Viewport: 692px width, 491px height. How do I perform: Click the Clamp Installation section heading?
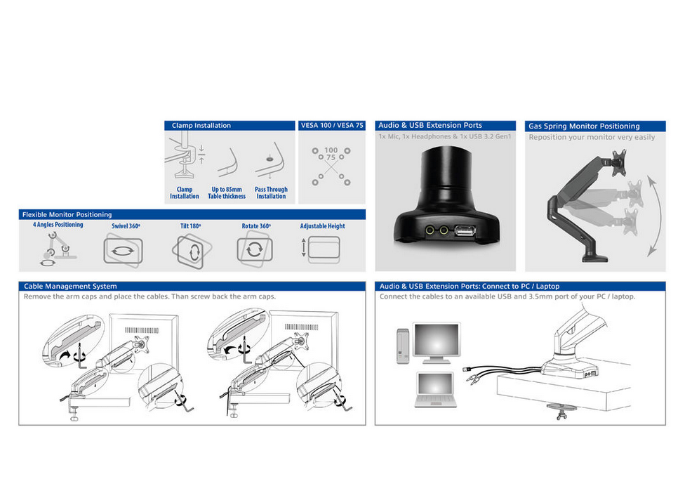point(201,126)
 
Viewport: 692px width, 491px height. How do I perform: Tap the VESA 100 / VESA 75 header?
point(332,126)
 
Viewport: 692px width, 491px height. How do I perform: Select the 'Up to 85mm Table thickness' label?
point(227,193)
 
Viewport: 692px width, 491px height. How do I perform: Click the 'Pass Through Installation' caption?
point(271,193)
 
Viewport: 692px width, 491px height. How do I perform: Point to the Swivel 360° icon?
point(123,251)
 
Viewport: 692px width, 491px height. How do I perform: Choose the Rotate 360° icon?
point(255,250)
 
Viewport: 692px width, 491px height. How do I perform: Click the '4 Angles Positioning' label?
point(58,225)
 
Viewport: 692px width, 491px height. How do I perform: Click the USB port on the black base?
point(465,230)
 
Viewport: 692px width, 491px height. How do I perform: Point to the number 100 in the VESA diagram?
point(331,150)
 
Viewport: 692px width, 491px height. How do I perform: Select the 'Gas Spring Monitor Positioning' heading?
point(584,126)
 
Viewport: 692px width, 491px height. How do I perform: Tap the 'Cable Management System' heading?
point(70,286)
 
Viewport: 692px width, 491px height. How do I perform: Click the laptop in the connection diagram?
point(436,389)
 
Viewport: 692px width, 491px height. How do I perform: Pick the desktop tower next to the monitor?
point(402,346)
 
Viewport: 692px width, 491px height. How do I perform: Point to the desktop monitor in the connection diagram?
point(437,343)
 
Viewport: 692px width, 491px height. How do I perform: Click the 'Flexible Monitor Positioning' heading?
point(67,214)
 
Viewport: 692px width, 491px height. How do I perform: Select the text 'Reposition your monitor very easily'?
point(592,137)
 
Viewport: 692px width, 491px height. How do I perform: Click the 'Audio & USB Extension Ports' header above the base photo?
point(430,126)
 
